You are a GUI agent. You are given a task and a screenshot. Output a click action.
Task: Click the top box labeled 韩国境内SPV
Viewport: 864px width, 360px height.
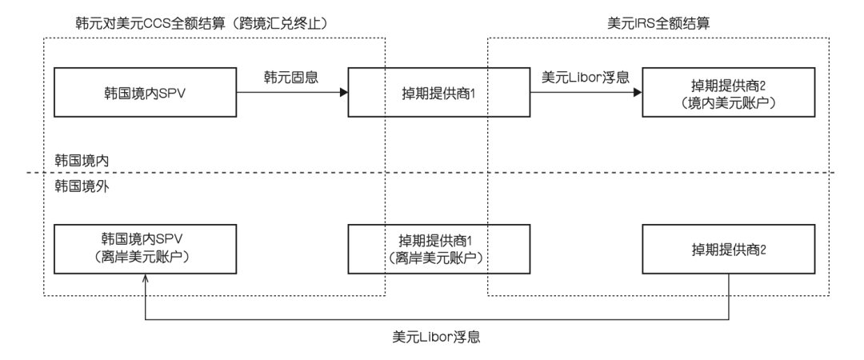point(144,92)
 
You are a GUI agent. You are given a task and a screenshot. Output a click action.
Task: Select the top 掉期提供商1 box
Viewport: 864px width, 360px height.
point(438,92)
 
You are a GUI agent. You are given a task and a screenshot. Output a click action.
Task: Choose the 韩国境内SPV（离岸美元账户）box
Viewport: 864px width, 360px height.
point(144,249)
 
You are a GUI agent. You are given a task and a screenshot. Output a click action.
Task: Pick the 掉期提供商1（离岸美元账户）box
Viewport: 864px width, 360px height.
point(438,249)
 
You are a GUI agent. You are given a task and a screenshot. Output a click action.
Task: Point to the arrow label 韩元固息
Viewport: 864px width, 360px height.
point(291,78)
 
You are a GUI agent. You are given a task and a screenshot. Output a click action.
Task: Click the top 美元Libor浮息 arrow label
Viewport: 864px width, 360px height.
point(585,78)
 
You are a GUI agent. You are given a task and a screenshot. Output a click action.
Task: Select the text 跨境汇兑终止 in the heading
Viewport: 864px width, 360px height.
point(282,25)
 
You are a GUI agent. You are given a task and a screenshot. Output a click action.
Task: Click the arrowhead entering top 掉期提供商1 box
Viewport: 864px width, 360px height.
point(343,92)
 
